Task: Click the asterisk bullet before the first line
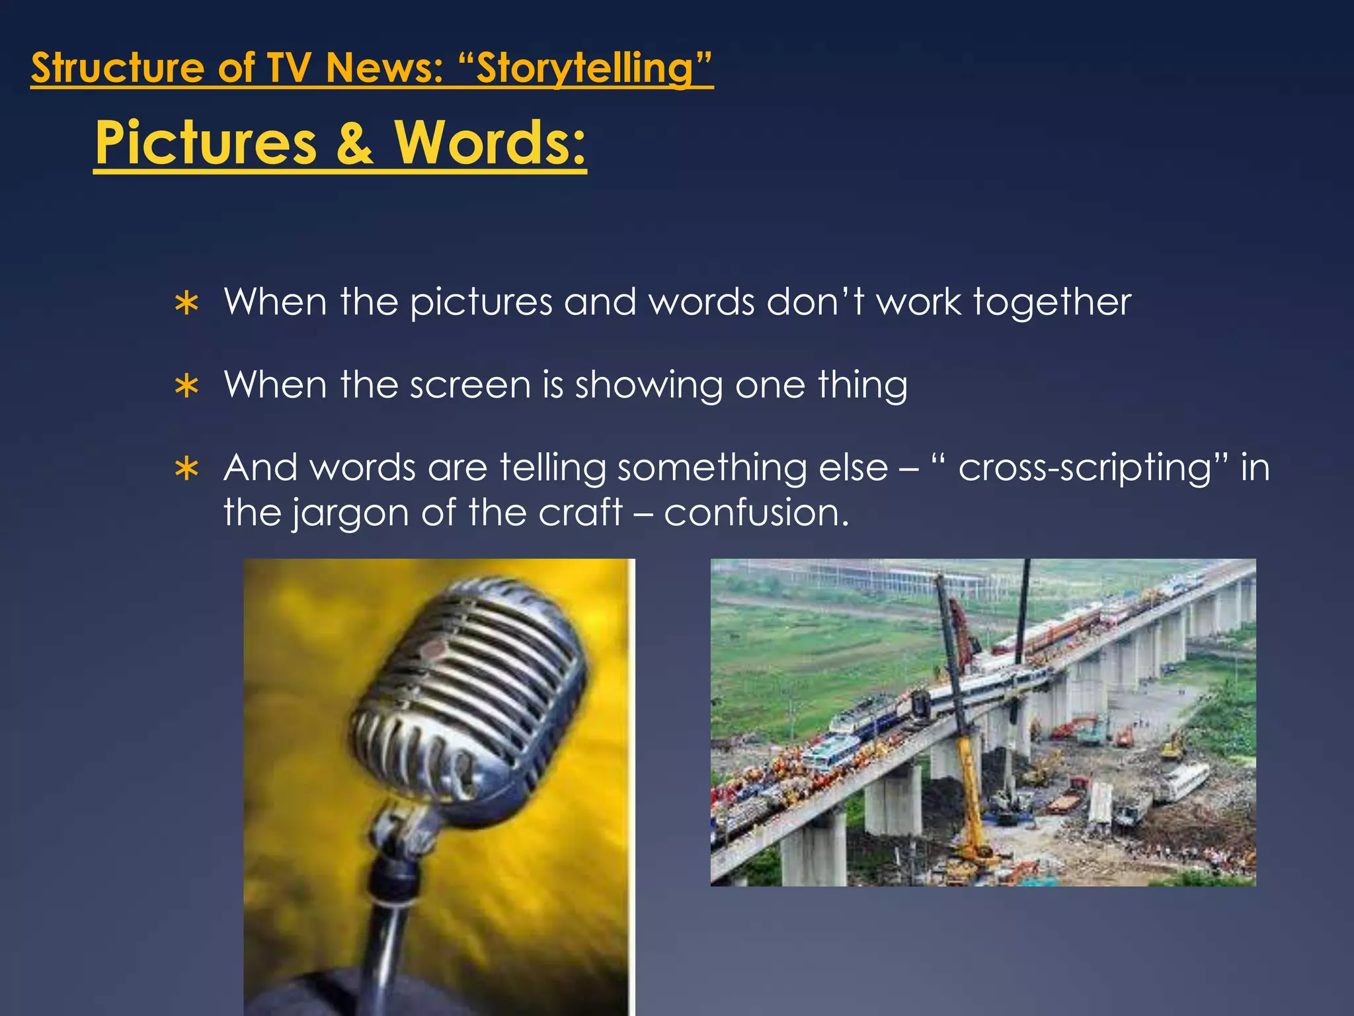[x=187, y=304]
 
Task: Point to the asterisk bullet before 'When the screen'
[x=187, y=386]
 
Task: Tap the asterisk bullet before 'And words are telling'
[x=187, y=469]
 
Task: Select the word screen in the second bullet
[x=470, y=385]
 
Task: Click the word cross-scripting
[x=1085, y=468]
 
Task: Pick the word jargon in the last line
[x=350, y=513]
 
